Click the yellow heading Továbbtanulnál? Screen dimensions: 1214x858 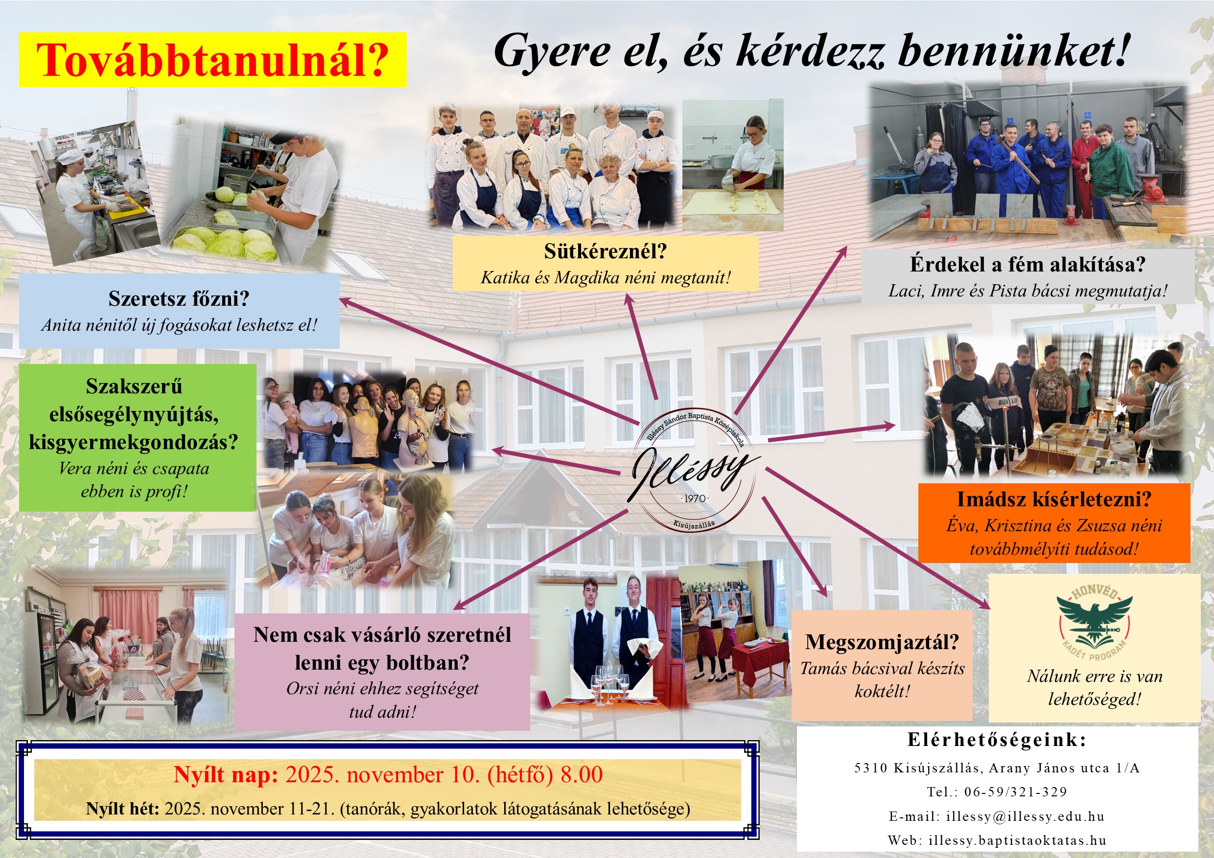pos(212,60)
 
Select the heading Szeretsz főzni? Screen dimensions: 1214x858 pos(179,299)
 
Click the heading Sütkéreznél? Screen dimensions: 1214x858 pos(606,251)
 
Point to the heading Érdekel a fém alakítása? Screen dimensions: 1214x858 pos(1027,264)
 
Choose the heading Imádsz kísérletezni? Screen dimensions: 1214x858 pos(1054,499)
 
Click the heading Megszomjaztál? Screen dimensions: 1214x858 pos(882,642)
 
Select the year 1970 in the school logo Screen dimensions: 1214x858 pos(694,498)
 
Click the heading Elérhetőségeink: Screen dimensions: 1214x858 pos(997,740)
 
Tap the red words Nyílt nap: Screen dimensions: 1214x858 pos(226,775)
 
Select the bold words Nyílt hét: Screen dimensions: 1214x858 pos(123,809)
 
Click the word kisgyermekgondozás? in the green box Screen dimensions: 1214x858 pos(134,442)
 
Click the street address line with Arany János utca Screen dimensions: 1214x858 pos(997,768)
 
